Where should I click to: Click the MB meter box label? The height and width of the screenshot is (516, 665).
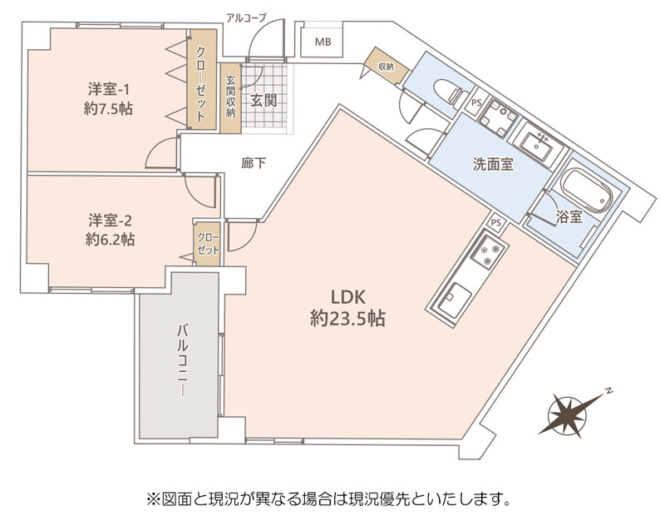(323, 42)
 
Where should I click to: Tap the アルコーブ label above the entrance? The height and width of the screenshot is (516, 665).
(246, 17)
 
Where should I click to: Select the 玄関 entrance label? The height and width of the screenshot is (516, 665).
(264, 100)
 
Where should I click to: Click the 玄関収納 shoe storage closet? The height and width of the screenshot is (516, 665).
(230, 97)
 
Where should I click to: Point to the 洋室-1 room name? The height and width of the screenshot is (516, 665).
(109, 90)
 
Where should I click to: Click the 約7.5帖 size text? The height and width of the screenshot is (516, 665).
(109, 109)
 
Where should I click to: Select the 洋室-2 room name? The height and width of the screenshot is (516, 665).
(111, 221)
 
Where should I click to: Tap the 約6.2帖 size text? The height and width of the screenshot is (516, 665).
(111, 240)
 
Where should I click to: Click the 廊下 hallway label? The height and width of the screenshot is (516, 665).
(254, 162)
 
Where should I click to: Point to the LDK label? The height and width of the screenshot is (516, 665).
(347, 297)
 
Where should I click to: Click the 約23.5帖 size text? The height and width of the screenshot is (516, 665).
(347, 318)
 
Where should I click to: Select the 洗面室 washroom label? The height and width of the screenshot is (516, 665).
(493, 164)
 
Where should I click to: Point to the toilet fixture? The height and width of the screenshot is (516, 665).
(449, 93)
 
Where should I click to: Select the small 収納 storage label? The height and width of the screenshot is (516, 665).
(386, 67)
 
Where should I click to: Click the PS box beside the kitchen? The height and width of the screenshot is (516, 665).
(496, 222)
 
